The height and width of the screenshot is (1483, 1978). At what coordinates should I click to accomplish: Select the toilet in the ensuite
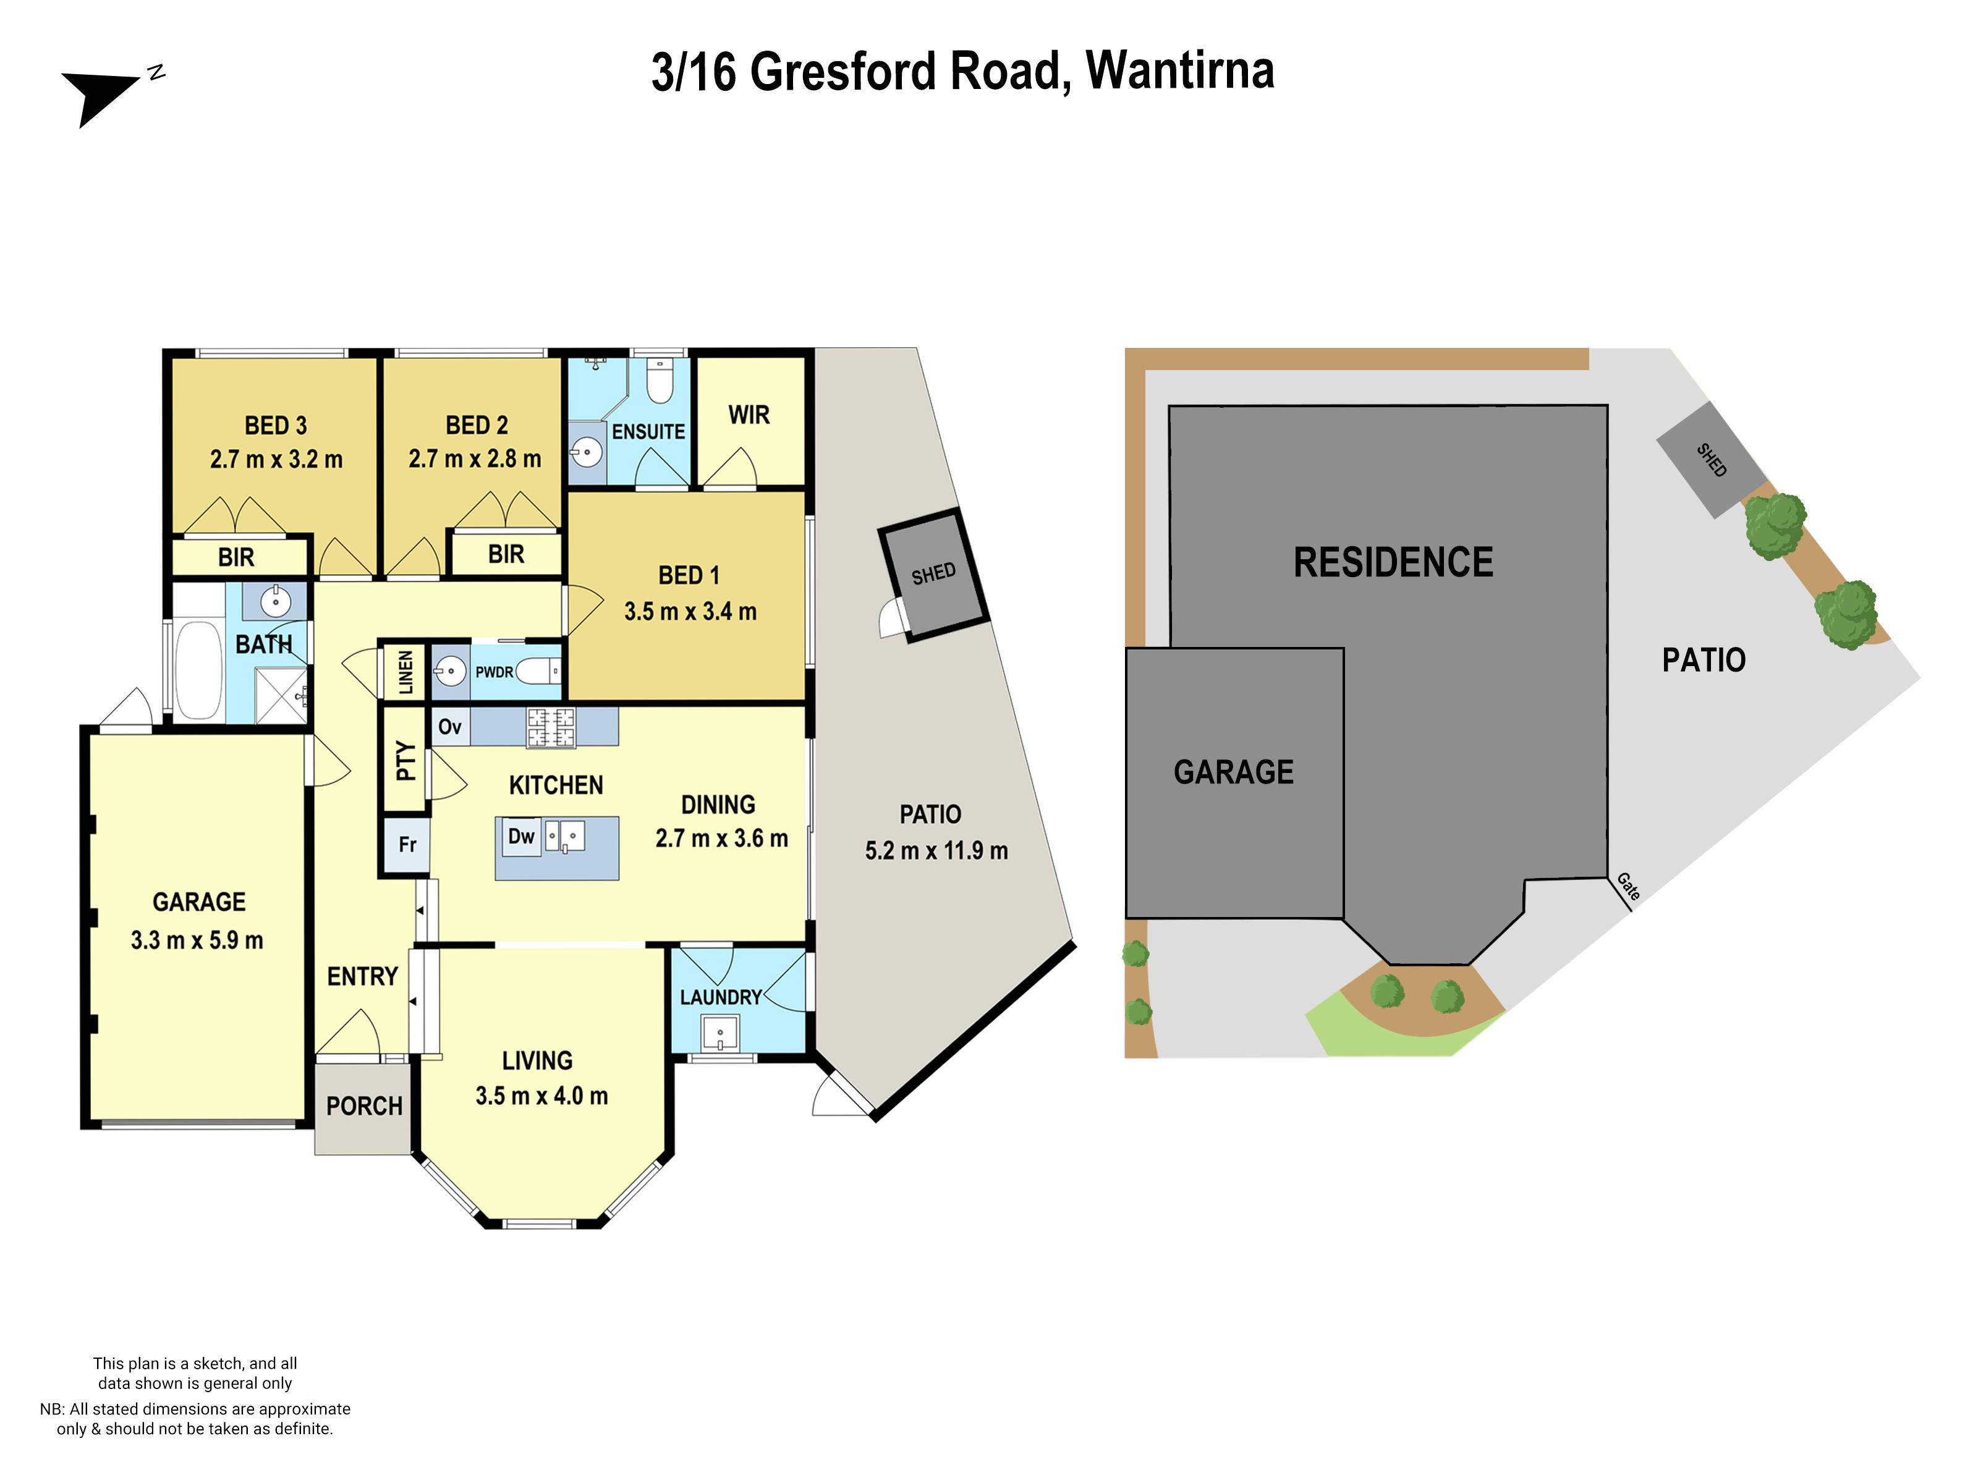[x=660, y=382]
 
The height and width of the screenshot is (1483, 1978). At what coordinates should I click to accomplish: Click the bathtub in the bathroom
[x=198, y=670]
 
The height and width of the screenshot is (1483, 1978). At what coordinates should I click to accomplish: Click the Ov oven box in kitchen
[x=450, y=726]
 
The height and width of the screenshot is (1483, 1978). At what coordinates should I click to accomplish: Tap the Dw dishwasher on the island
[x=520, y=837]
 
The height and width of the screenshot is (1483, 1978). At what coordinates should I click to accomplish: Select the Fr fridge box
[x=407, y=845]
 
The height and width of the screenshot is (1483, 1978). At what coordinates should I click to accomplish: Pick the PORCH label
[x=364, y=1106]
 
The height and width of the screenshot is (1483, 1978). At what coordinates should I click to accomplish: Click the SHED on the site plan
[x=1710, y=460]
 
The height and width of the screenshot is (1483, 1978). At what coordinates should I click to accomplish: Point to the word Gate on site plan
[x=1628, y=886]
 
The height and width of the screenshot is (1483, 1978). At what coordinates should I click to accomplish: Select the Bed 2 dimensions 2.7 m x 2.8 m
[x=475, y=458]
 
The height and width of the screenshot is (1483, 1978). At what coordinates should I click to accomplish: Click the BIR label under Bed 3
[x=236, y=557]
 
